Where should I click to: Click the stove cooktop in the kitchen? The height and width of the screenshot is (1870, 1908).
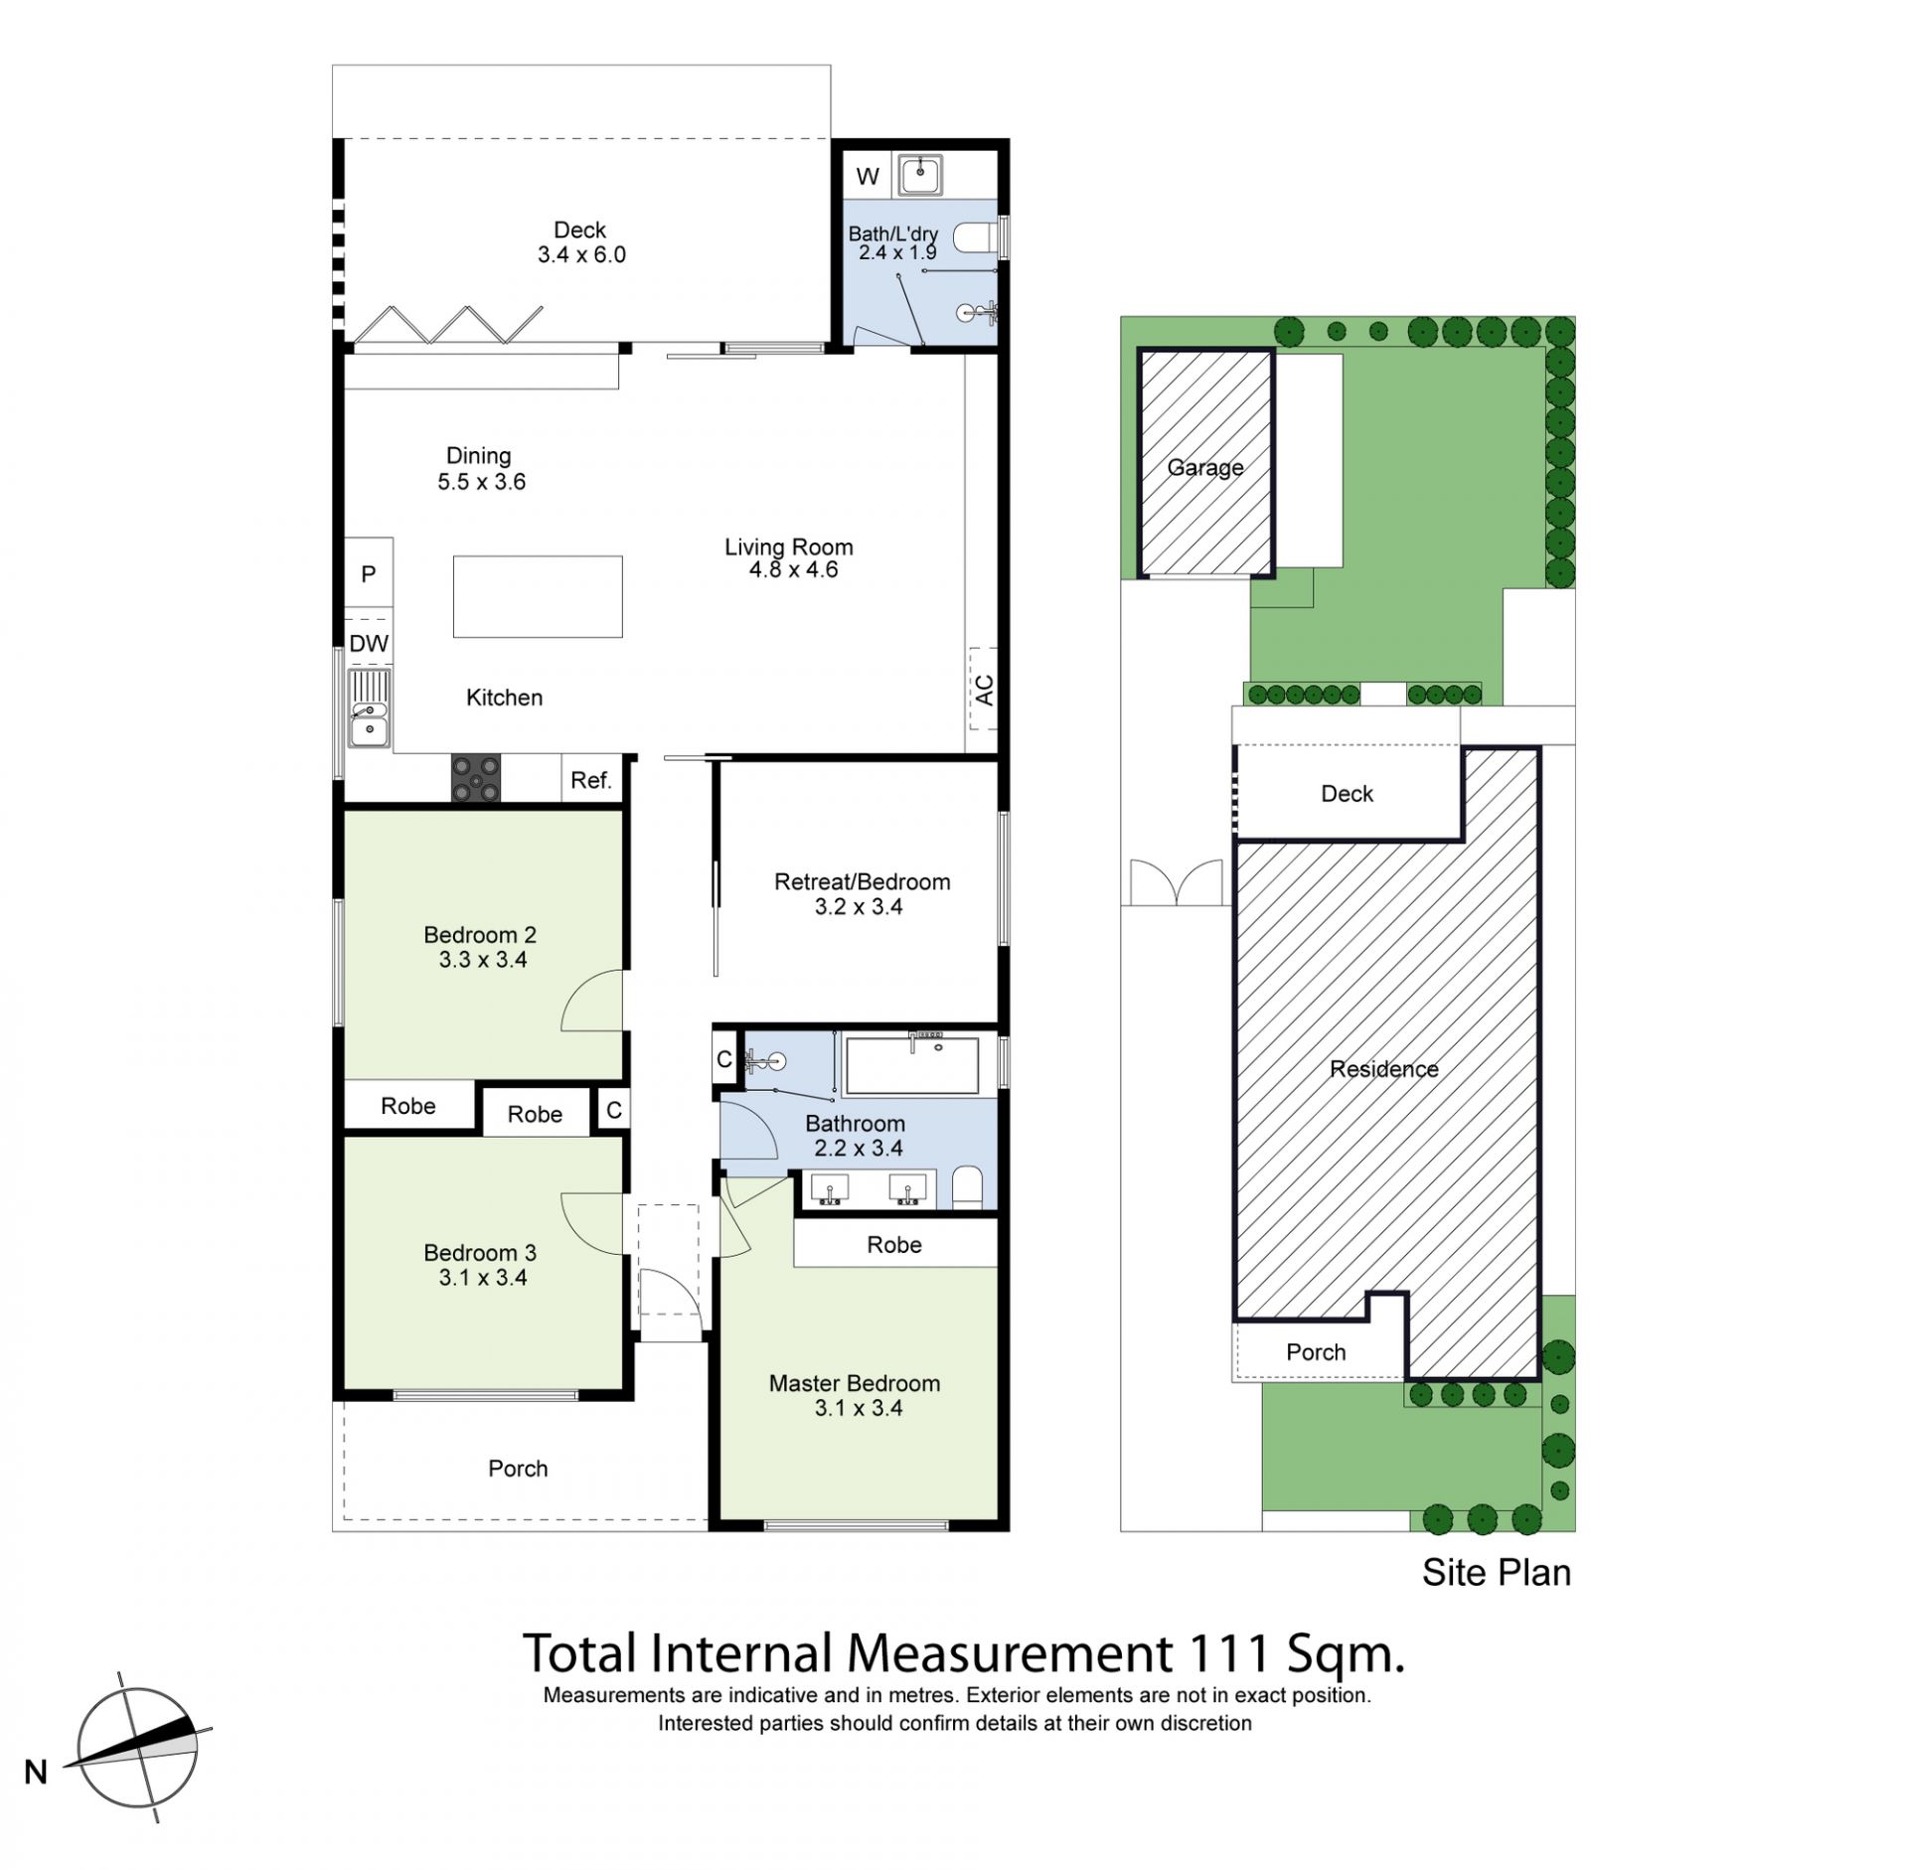tap(476, 778)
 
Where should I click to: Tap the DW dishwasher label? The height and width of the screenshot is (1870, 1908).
tap(369, 643)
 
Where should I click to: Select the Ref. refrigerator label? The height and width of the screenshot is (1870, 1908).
tap(590, 780)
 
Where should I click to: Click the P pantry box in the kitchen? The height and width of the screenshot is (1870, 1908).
tap(369, 573)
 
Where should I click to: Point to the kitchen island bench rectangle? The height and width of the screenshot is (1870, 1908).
tap(538, 596)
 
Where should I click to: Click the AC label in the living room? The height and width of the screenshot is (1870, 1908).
tap(984, 690)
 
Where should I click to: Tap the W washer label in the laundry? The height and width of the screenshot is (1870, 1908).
tap(868, 177)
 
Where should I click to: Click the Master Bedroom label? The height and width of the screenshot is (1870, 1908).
tap(855, 1383)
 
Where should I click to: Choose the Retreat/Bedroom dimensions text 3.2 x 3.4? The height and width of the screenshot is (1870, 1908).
tap(859, 906)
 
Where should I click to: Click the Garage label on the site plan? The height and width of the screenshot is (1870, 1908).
tap(1205, 467)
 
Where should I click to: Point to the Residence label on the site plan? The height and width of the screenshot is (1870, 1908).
tap(1384, 1069)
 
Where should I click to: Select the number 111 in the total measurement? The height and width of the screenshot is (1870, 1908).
tap(1228, 1654)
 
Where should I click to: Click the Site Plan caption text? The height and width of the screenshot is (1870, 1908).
tap(1497, 1573)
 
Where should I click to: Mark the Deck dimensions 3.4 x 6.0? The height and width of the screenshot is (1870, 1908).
tap(581, 254)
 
